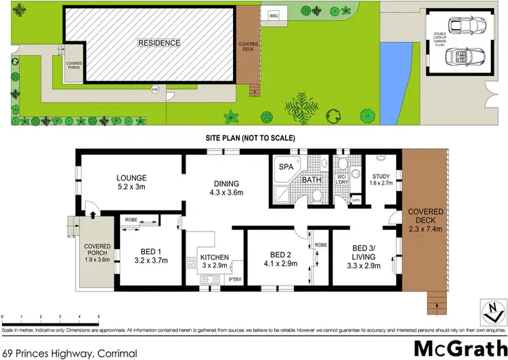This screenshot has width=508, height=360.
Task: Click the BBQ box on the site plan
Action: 274,15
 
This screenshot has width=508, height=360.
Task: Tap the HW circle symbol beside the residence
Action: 155,89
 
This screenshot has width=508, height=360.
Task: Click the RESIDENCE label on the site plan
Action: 159,43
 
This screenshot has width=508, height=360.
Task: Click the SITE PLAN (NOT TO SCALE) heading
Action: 251,137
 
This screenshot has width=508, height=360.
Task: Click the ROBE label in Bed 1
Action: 131,219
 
